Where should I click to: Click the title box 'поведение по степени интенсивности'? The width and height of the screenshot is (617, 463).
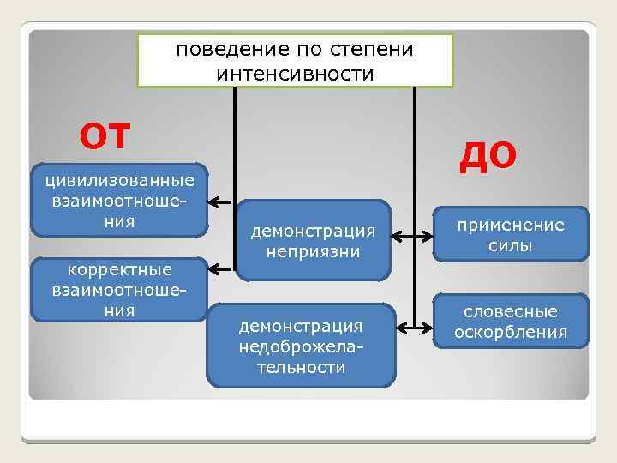pos(295,60)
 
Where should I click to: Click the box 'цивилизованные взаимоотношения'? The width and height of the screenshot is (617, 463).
pos(119,200)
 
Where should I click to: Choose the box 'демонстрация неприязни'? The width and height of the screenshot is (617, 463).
pos(313,241)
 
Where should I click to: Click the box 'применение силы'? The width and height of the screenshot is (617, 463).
pos(511,234)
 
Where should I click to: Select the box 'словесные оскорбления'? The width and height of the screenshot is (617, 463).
pos(511,322)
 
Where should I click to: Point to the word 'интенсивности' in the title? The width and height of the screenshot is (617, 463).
pos(295,74)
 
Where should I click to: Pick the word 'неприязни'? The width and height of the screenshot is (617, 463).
pos(313,252)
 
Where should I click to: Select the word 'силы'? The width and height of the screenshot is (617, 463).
pos(511,245)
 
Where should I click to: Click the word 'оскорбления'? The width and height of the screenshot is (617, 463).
pos(511,332)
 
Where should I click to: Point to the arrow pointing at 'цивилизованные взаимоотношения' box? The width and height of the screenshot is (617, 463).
pos(221,203)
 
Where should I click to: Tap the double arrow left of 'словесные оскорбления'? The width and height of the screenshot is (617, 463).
pos(416,328)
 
